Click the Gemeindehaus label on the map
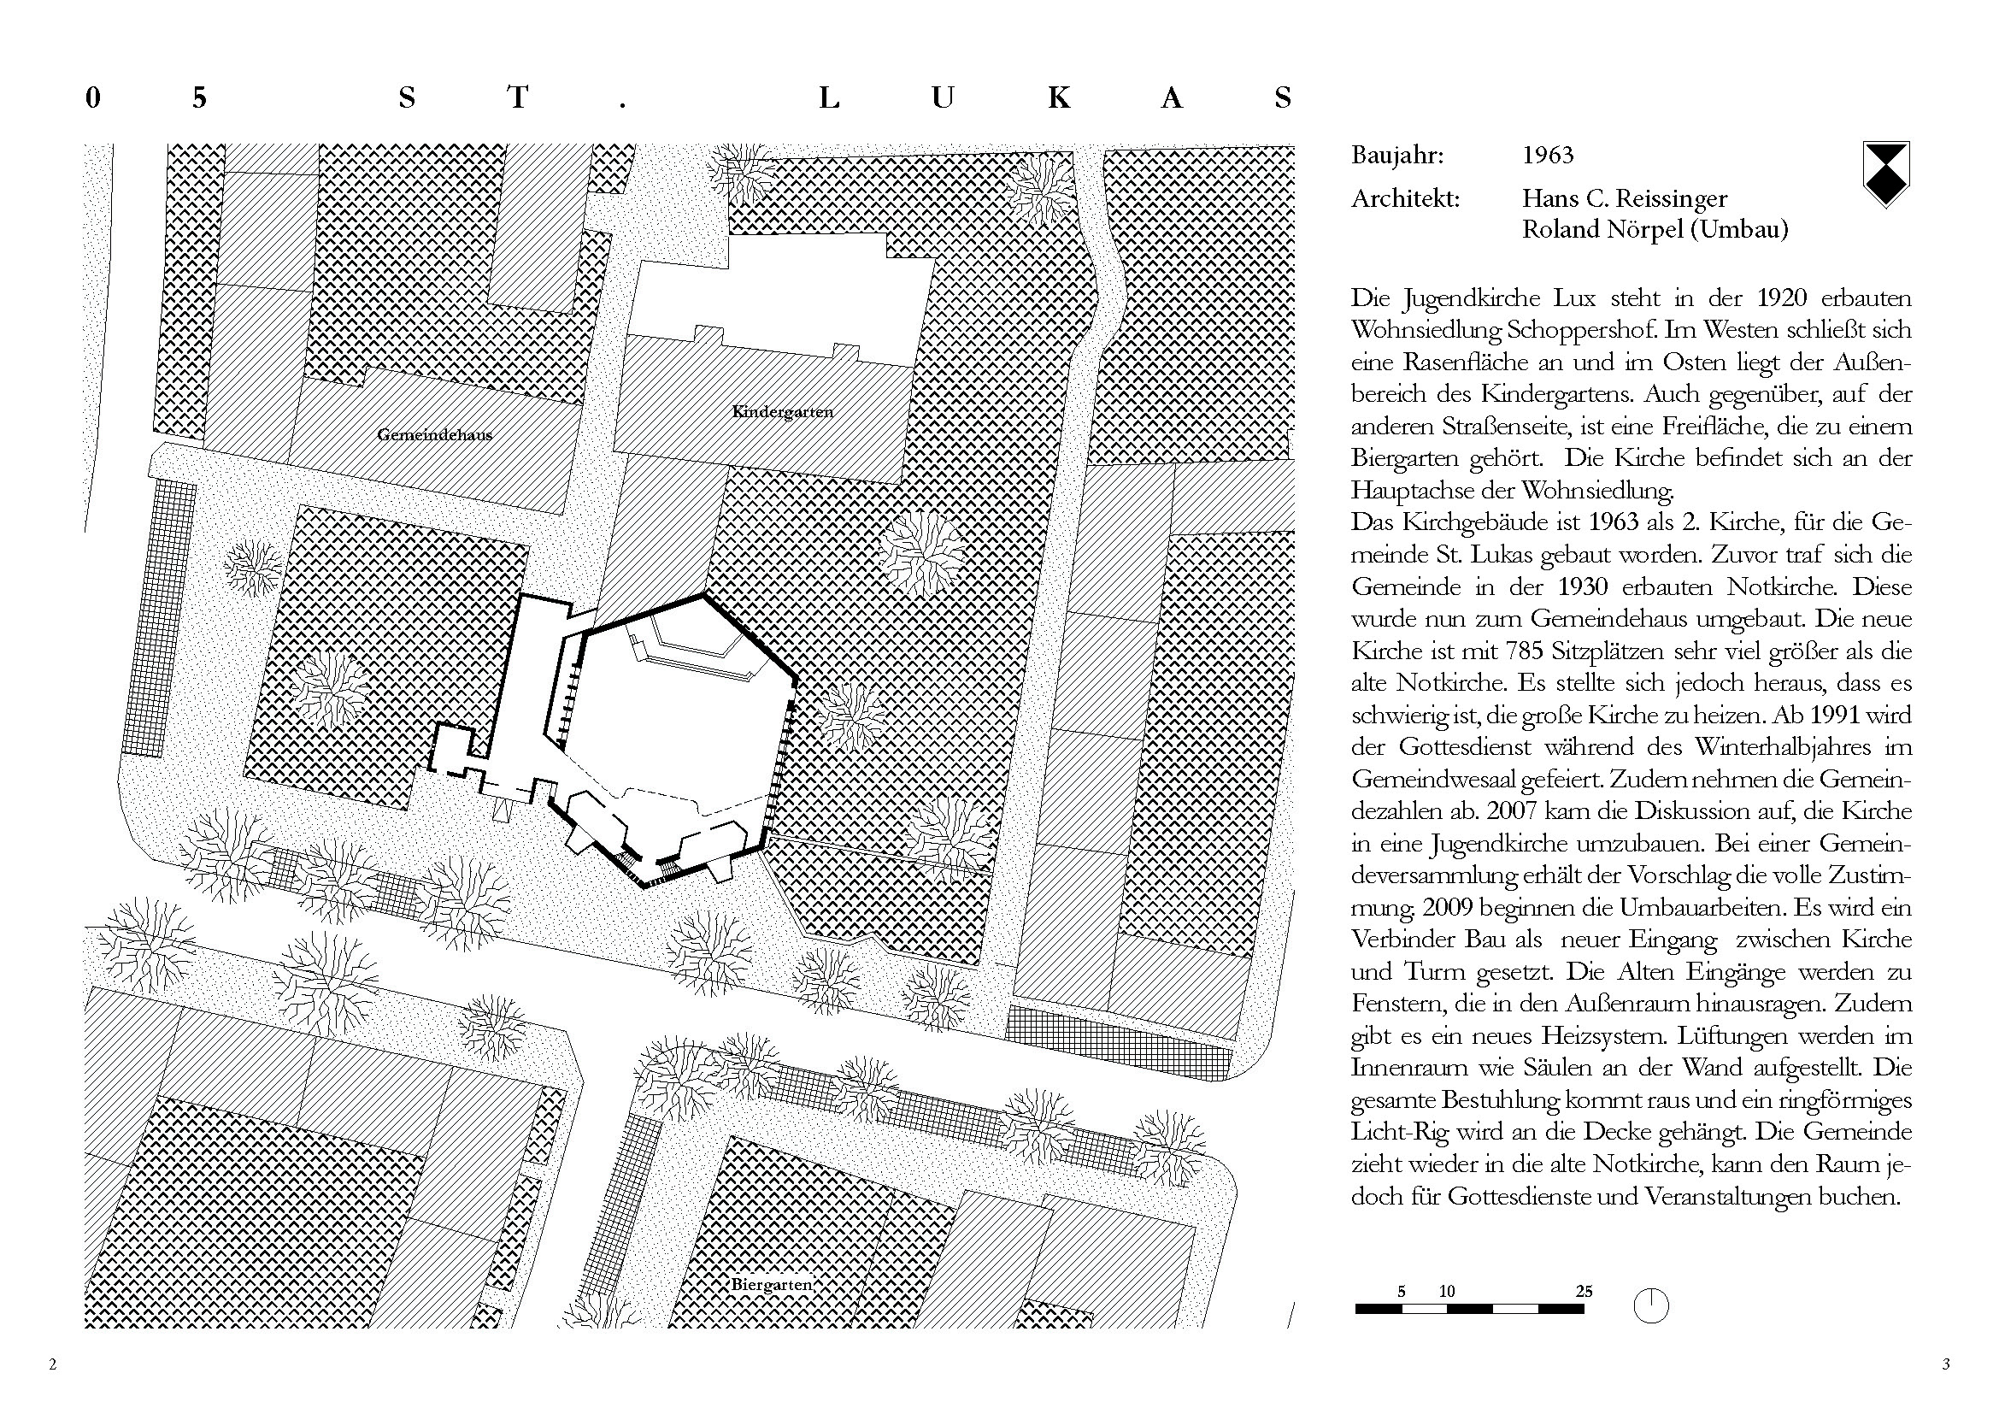[x=434, y=434]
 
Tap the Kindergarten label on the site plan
[x=783, y=411]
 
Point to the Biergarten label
[x=772, y=1284]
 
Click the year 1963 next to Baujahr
[x=1547, y=156]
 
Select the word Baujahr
[x=1396, y=156]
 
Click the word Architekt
[x=1404, y=199]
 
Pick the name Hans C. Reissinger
[x=1624, y=199]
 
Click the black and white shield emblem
[x=1885, y=174]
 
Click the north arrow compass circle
[x=1651, y=1306]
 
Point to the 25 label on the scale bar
[x=1584, y=1291]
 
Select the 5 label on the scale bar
[x=1401, y=1291]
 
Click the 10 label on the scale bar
[x=1447, y=1291]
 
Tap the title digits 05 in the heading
[x=146, y=97]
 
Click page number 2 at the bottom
[x=53, y=1364]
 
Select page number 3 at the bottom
[x=1946, y=1364]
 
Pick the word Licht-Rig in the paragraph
[x=1393, y=1132]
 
